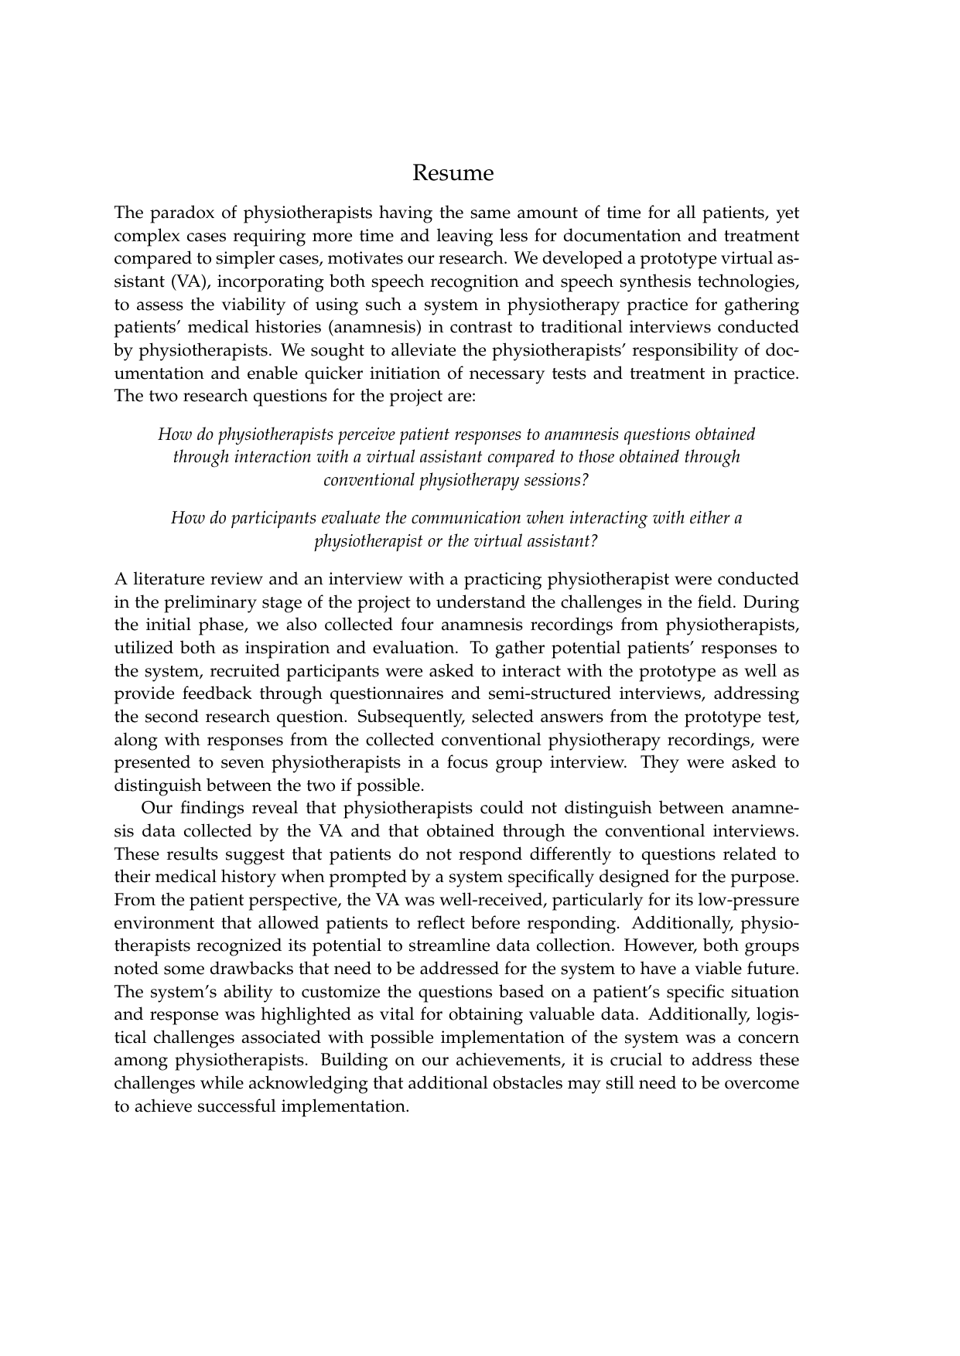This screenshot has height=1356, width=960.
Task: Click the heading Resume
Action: pos(453,172)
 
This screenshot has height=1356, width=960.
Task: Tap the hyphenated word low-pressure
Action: pos(749,900)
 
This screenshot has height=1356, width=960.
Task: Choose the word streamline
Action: pos(504,945)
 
